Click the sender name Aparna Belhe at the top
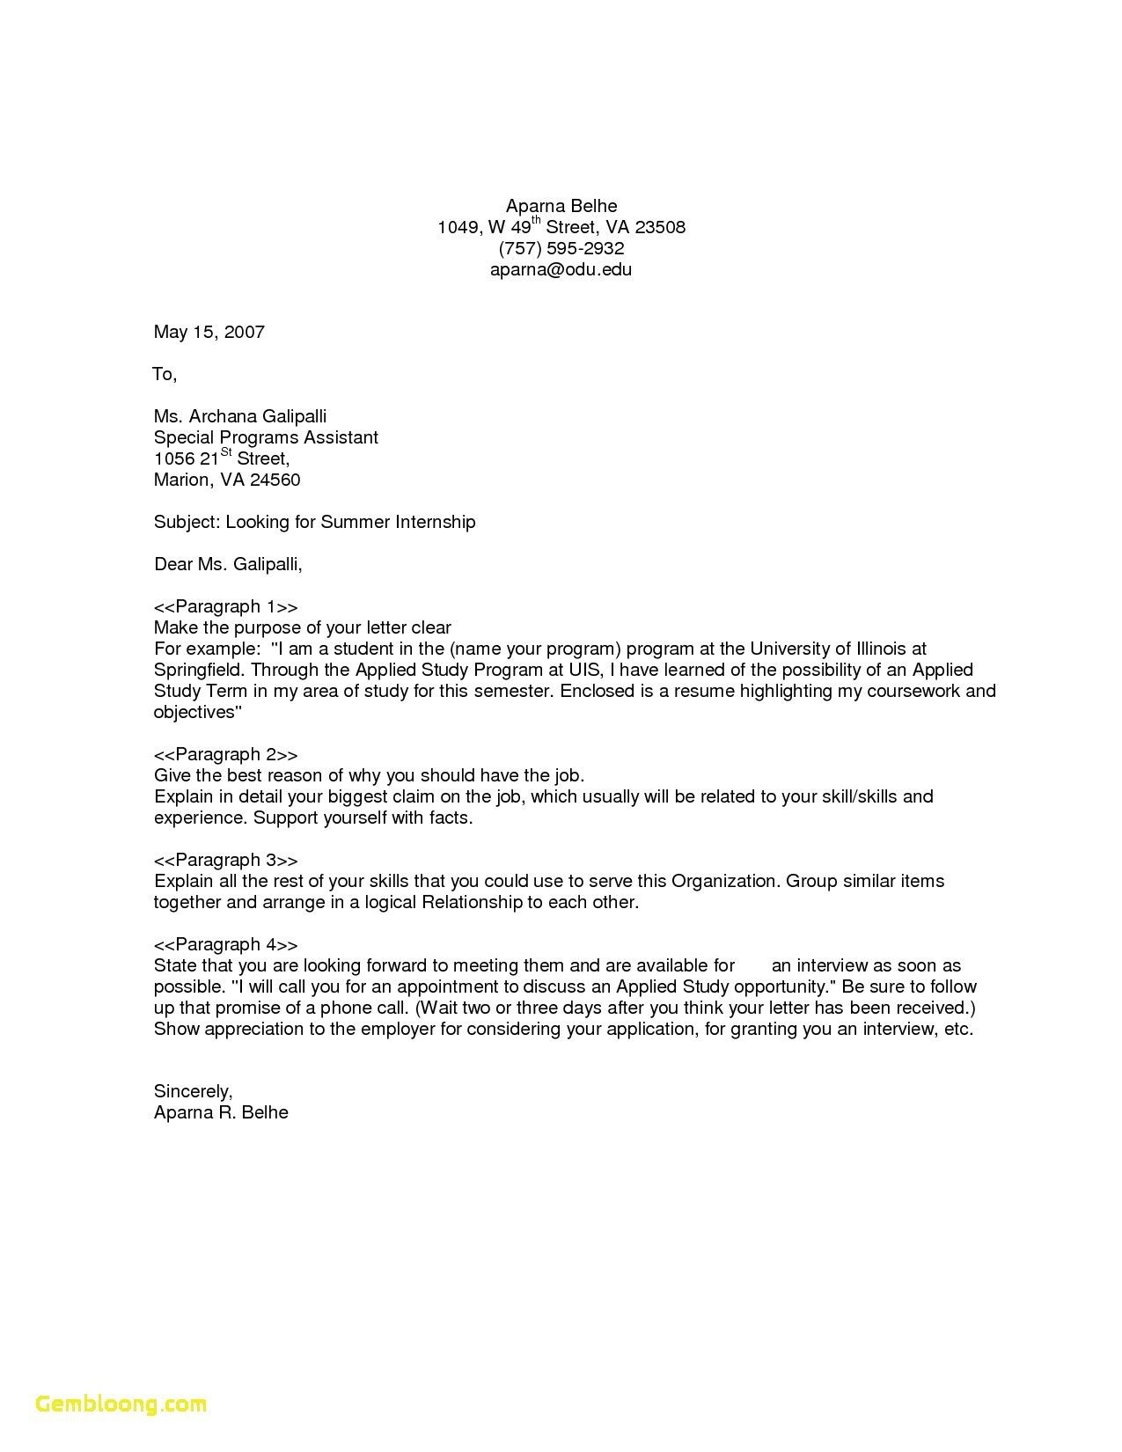click(x=561, y=206)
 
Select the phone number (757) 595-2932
click(x=561, y=248)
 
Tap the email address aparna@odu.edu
click(x=561, y=269)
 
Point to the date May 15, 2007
click(x=209, y=332)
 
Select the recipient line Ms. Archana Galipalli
click(x=240, y=416)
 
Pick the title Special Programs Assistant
click(x=266, y=437)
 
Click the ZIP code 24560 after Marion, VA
click(x=275, y=480)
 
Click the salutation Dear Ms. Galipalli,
click(x=228, y=564)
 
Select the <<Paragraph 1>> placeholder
click(x=225, y=606)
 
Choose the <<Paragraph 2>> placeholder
click(x=225, y=754)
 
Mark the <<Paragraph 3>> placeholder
click(x=225, y=860)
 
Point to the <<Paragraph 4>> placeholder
click(x=225, y=944)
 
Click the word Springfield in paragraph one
click(x=197, y=670)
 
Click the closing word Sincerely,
click(x=193, y=1091)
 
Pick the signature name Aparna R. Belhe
click(x=221, y=1112)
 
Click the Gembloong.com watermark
click(x=121, y=1404)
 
